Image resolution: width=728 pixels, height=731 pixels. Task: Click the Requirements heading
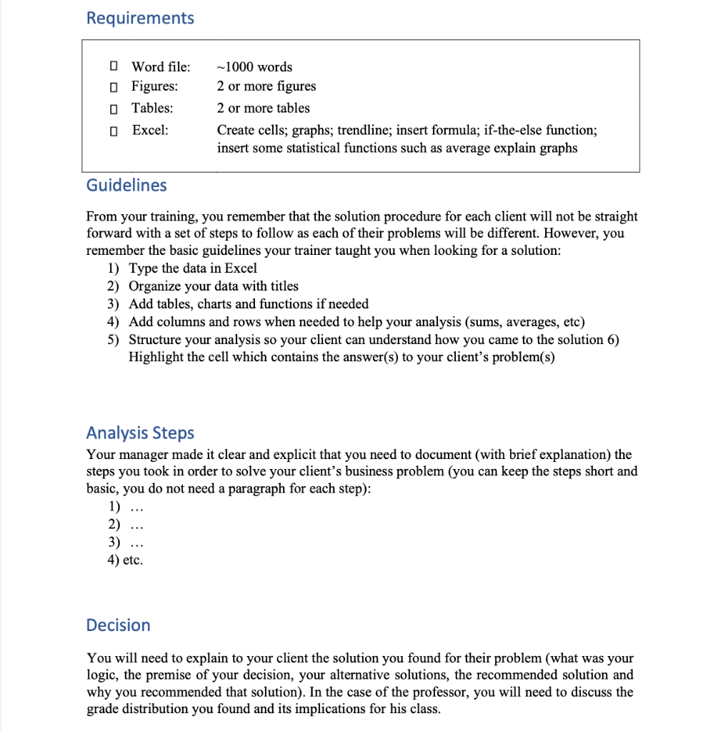pyautogui.click(x=140, y=18)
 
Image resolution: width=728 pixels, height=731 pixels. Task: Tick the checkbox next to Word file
pyautogui.click(x=113, y=67)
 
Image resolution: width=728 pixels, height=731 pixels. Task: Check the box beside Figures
pyautogui.click(x=113, y=86)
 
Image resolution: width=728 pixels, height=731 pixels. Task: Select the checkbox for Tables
pyautogui.click(x=113, y=109)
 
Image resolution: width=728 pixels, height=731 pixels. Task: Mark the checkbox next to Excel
pyautogui.click(x=113, y=131)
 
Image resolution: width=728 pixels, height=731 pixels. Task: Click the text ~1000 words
pyautogui.click(x=254, y=67)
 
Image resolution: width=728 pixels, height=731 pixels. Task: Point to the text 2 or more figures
pyautogui.click(x=266, y=86)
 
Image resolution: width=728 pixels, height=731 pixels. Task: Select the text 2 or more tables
pyautogui.click(x=263, y=109)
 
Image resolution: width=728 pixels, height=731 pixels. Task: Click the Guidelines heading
pyautogui.click(x=126, y=186)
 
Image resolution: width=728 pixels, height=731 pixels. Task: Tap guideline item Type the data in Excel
pyautogui.click(x=192, y=268)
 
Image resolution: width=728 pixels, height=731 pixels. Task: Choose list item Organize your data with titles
pyautogui.click(x=213, y=286)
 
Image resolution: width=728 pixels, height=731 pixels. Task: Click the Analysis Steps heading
pyautogui.click(x=140, y=433)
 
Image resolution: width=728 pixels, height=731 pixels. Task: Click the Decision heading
pyautogui.click(x=118, y=625)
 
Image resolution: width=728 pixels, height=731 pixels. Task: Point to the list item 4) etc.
pyautogui.click(x=125, y=560)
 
